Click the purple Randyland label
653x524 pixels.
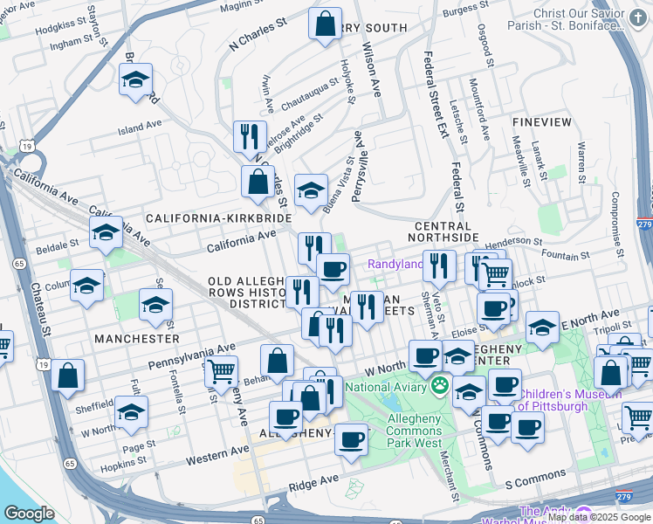pos(395,264)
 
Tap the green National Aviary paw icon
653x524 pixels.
pos(439,386)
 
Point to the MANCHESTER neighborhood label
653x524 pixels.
pos(137,338)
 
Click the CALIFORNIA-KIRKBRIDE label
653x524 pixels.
pos(208,217)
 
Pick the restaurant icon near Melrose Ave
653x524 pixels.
pos(250,137)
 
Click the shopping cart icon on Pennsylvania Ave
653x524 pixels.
pos(220,371)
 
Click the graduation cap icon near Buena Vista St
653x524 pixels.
pos(311,191)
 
